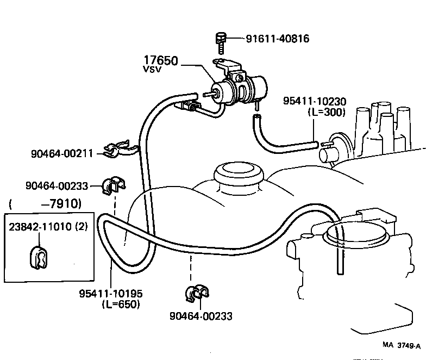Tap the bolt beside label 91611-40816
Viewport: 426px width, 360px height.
coord(219,41)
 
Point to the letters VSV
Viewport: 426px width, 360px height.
coord(152,70)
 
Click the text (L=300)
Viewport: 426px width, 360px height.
coord(324,112)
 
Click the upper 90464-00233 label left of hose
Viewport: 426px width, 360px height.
coord(57,185)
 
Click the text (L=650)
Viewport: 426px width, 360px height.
coord(121,305)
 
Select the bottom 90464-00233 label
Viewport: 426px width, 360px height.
coord(201,316)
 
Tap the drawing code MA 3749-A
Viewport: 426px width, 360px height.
coord(401,345)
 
